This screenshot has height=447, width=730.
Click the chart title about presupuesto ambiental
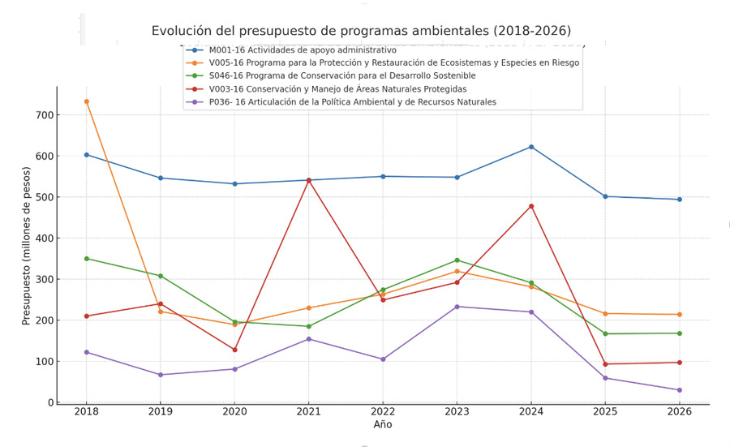click(x=361, y=31)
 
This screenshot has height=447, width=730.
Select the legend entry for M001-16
click(x=303, y=50)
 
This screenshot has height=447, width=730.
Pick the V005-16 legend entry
click(x=393, y=63)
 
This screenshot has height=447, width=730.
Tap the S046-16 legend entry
click(x=341, y=76)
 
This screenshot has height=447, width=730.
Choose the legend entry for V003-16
click(x=337, y=89)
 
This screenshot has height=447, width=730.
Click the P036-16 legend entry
click(x=352, y=102)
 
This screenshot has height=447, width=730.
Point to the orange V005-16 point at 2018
click(x=86, y=101)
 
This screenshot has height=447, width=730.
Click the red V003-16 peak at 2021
click(x=309, y=180)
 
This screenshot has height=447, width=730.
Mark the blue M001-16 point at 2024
click(x=531, y=147)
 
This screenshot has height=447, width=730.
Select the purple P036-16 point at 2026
click(x=680, y=390)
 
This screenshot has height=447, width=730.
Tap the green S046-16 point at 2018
click(x=86, y=259)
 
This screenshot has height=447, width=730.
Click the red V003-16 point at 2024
click(x=531, y=206)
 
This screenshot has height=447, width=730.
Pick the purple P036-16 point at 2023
click(x=457, y=307)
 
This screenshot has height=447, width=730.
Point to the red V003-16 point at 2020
click(x=235, y=350)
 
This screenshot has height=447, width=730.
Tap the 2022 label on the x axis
click(x=383, y=411)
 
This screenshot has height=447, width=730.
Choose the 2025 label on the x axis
click(x=605, y=411)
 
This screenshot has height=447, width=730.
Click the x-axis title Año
click(x=383, y=424)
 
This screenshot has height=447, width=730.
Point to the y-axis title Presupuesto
click(x=27, y=245)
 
